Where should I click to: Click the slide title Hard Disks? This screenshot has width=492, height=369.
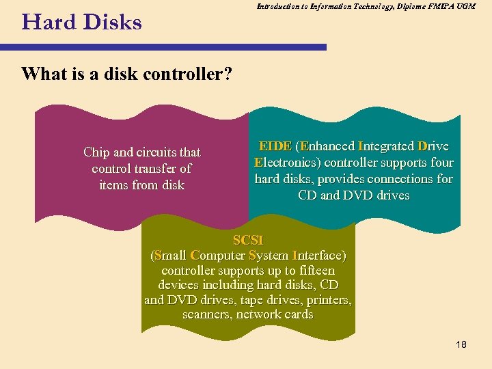click(x=81, y=23)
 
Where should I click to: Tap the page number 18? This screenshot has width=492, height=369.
click(x=461, y=344)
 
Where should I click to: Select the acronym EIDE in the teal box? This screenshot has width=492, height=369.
click(x=275, y=146)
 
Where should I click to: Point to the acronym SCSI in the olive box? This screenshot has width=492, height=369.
click(x=248, y=241)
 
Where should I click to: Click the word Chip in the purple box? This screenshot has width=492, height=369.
click(x=96, y=152)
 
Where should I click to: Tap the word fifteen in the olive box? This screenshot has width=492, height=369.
click(x=312, y=270)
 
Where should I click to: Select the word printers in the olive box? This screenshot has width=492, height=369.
click(x=327, y=300)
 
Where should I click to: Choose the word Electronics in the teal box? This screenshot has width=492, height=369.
click(x=287, y=163)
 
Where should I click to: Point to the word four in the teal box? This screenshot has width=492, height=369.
click(x=441, y=163)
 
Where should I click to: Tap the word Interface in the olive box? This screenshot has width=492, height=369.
click(x=318, y=256)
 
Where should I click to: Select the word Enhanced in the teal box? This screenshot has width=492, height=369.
click(x=327, y=146)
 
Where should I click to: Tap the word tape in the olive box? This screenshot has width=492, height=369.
click(x=261, y=300)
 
